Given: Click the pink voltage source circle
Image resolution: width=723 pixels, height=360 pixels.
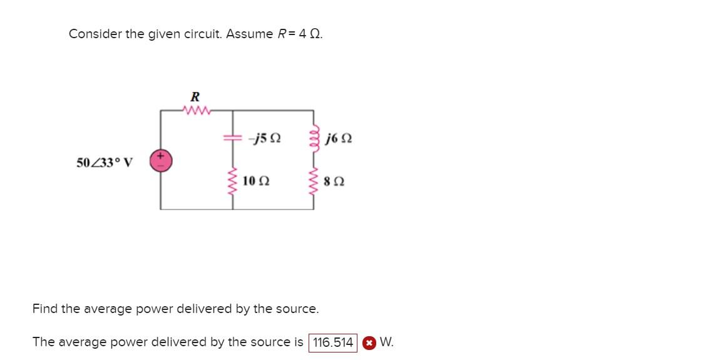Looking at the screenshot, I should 160,161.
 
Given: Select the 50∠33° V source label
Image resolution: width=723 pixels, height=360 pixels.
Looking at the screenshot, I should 105,163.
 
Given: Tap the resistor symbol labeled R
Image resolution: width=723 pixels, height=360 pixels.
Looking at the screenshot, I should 196,111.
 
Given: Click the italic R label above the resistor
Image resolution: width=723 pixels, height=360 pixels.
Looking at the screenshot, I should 195,97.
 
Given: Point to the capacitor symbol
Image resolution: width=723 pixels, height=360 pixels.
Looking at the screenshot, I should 233,138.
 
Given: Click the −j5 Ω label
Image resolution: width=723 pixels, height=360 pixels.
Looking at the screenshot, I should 264,138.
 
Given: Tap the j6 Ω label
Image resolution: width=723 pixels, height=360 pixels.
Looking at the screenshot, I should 339,138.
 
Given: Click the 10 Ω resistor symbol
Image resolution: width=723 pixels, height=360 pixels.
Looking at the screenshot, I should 233,180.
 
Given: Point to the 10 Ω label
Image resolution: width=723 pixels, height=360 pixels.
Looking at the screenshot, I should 255,181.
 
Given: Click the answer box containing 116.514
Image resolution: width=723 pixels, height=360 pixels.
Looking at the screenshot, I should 333,342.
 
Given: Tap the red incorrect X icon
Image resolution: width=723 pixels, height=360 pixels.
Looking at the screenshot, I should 369,342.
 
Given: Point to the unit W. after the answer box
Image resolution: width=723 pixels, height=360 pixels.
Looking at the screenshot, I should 386,342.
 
